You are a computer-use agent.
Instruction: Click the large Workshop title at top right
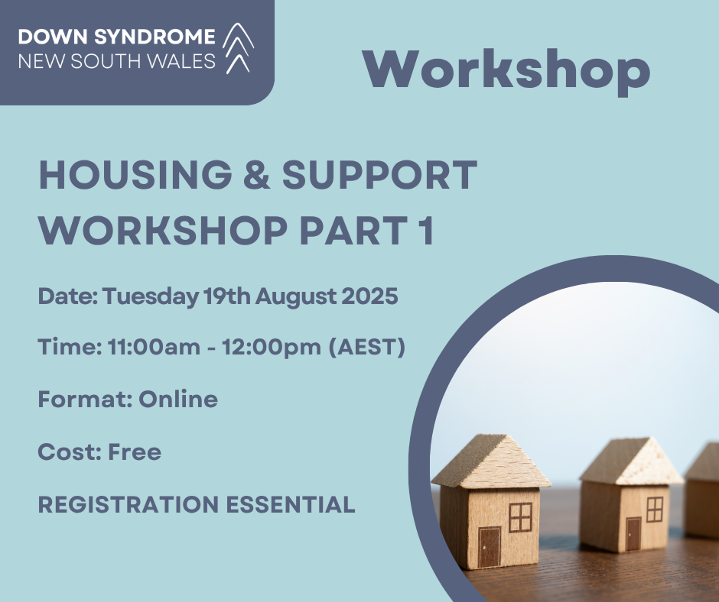click(506, 71)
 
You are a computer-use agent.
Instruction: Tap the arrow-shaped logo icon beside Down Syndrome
click(239, 48)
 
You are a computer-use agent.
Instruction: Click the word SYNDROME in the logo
click(155, 37)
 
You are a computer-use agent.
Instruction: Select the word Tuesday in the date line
click(151, 296)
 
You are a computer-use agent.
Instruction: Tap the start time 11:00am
click(154, 347)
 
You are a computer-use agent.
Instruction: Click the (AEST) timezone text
click(367, 347)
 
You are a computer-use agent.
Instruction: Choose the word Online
click(178, 399)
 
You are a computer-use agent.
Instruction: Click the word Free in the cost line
click(135, 452)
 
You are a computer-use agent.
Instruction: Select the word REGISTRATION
click(129, 504)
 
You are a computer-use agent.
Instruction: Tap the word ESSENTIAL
click(291, 504)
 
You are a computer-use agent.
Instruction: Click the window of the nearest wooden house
click(520, 517)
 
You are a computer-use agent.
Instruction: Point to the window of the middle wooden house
click(655, 510)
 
